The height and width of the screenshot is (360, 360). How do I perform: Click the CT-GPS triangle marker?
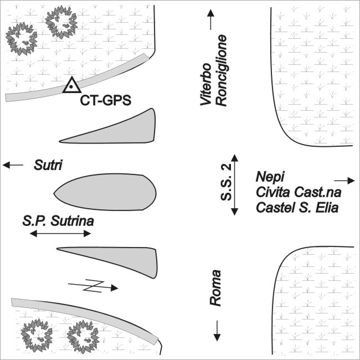coord(71,85)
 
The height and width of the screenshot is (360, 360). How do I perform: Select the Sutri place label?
coord(47,165)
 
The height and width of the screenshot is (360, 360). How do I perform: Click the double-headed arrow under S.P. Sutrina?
coord(60,234)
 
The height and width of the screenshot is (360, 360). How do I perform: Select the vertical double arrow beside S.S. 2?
coord(235,185)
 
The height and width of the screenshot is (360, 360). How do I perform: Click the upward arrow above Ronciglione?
coord(210,20)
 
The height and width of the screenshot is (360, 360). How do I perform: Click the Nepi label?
coord(270,177)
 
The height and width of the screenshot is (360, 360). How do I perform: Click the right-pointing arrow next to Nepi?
coord(344,181)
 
